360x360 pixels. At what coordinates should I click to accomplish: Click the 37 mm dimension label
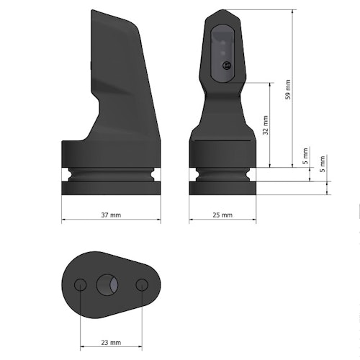pyautogui.click(x=110, y=215)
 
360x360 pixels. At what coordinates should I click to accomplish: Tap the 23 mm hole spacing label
pyautogui.click(x=111, y=343)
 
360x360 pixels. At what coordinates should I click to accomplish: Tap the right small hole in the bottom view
pyautogui.click(x=142, y=284)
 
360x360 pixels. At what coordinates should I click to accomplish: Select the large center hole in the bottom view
pyautogui.click(x=108, y=284)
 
